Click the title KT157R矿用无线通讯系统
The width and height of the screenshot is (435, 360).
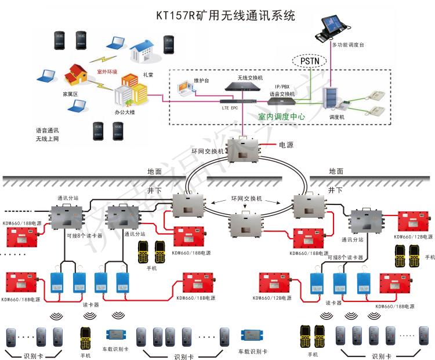[226, 15]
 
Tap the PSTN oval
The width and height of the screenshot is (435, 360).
[305, 60]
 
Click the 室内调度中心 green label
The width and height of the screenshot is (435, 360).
[281, 116]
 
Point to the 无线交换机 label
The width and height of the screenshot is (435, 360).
[250, 77]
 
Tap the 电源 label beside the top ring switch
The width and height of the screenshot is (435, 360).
[287, 145]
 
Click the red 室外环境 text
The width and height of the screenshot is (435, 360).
[107, 72]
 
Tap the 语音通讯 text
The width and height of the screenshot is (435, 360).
[48, 131]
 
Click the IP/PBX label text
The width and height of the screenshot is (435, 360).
[282, 87]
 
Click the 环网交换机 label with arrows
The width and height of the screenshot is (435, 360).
[246, 199]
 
